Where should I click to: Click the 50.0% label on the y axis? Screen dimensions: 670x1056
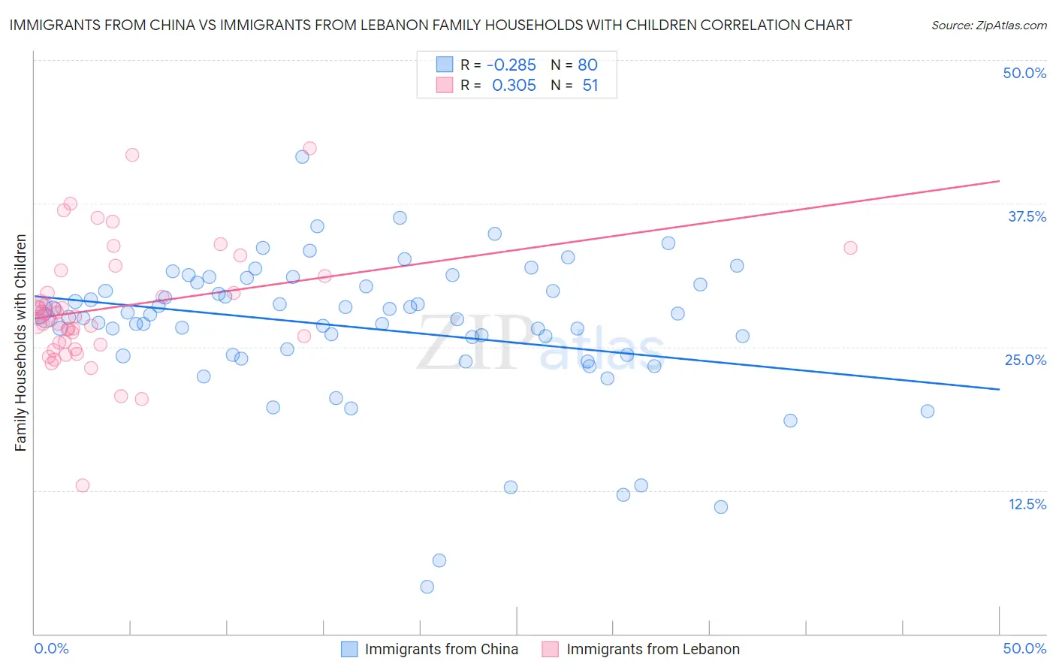point(1024,74)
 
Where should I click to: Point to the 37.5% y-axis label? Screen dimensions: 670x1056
point(1027,216)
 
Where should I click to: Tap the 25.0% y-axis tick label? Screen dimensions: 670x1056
point(1025,360)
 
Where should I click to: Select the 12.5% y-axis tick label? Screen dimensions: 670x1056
point(1027,504)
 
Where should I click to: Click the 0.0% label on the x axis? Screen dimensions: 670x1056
point(51,648)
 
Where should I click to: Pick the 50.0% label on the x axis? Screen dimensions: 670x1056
point(1024,648)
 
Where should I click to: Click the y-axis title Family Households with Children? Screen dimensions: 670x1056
point(20,343)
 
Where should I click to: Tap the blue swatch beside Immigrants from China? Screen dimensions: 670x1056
point(349,649)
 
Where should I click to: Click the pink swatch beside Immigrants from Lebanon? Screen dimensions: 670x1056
point(551,649)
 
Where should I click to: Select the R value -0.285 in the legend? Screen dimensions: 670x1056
point(511,65)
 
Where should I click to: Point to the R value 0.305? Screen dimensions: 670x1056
point(514,86)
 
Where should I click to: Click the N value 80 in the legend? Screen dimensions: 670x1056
point(587,65)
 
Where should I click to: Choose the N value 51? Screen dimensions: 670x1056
point(590,86)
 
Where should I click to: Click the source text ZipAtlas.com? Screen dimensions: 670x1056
point(988,26)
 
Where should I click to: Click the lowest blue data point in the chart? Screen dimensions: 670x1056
point(427,587)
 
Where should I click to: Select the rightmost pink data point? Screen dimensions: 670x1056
point(850,248)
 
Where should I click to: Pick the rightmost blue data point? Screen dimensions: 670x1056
point(928,411)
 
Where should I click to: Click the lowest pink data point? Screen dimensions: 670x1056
point(83,485)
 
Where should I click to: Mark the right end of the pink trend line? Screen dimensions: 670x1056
point(999,181)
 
